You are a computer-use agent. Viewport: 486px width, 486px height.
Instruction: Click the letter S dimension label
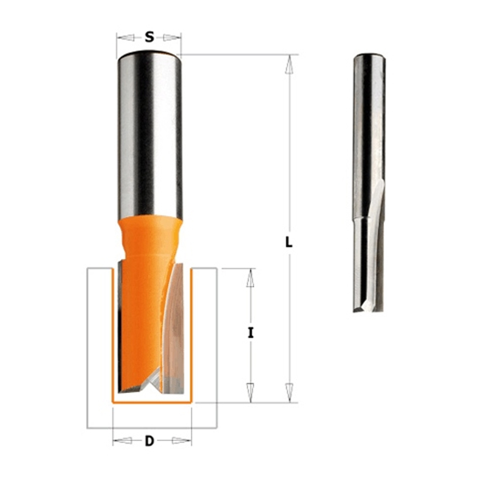click(149, 38)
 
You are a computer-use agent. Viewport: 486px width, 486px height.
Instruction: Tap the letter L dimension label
click(289, 242)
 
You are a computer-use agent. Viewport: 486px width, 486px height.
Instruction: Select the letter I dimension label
click(250, 333)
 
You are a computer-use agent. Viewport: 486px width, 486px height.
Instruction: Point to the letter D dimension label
click(149, 440)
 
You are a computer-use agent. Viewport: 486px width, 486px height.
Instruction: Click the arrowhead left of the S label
click(126, 38)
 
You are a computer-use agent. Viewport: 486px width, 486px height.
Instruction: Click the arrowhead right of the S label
click(172, 38)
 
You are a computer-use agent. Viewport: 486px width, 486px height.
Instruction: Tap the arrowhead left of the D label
click(123, 440)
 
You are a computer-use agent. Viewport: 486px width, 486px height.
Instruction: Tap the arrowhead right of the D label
click(182, 440)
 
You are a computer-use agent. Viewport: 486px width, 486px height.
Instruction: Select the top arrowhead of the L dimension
click(289, 64)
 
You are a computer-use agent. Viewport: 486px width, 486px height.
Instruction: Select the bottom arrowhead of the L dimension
click(289, 392)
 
